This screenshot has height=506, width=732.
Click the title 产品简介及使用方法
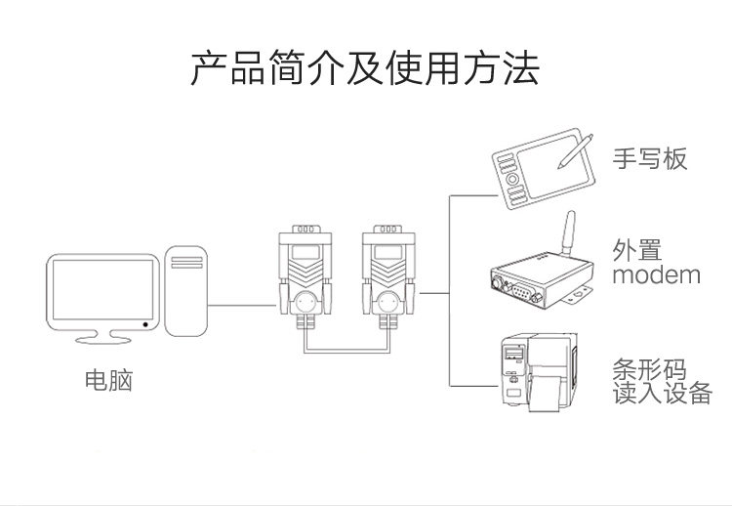point(364,71)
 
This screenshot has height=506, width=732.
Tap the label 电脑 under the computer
point(108,380)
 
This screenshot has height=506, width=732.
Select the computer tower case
point(188,291)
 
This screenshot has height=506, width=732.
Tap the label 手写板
point(649,158)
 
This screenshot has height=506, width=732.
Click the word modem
point(656,274)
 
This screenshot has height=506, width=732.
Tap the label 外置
point(635,248)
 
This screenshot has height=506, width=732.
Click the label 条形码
point(649,370)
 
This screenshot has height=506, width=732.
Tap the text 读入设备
point(661,395)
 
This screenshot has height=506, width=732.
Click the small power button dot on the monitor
point(144,323)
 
